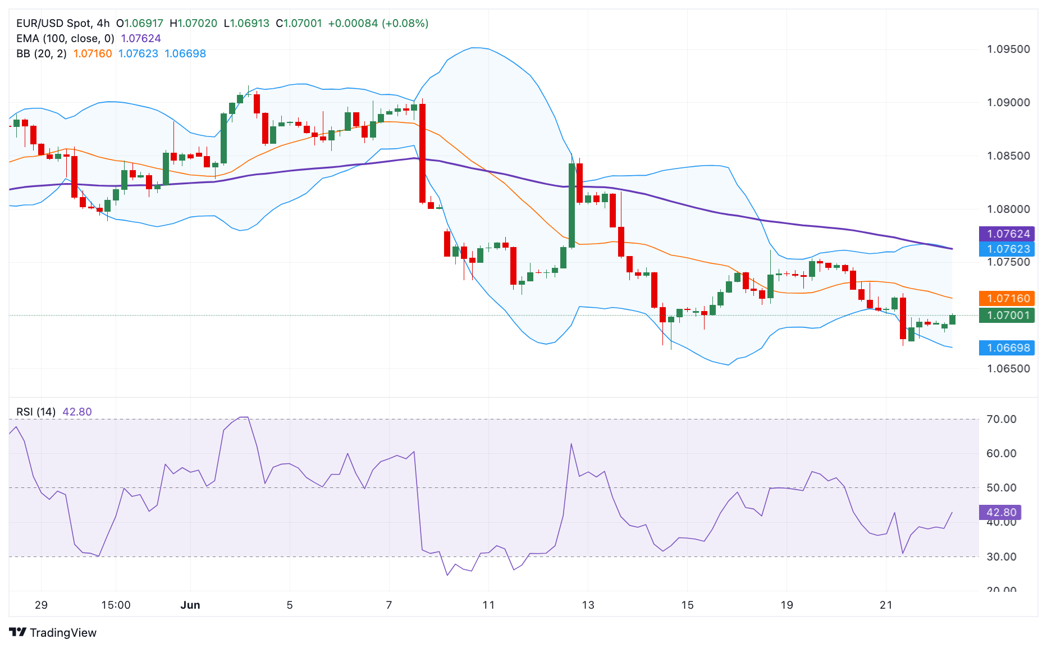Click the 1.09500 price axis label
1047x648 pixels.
click(1008, 49)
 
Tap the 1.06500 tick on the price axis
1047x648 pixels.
click(1008, 369)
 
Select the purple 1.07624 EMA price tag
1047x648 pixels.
click(1007, 234)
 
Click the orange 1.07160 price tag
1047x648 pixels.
click(1007, 299)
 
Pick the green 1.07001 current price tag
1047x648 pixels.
click(1007, 316)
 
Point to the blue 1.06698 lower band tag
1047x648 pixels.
click(1007, 348)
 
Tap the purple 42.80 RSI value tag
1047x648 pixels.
click(1000, 513)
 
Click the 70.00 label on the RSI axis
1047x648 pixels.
click(1001, 419)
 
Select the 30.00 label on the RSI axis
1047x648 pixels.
click(1001, 557)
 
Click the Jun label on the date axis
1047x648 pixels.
click(190, 605)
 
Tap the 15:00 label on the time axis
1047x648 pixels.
click(116, 605)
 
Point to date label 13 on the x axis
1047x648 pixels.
click(588, 605)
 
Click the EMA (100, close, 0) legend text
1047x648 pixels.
click(65, 39)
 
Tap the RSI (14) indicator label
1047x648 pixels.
click(36, 412)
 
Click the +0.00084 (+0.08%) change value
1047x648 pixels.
click(378, 24)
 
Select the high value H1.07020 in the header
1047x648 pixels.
click(193, 24)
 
